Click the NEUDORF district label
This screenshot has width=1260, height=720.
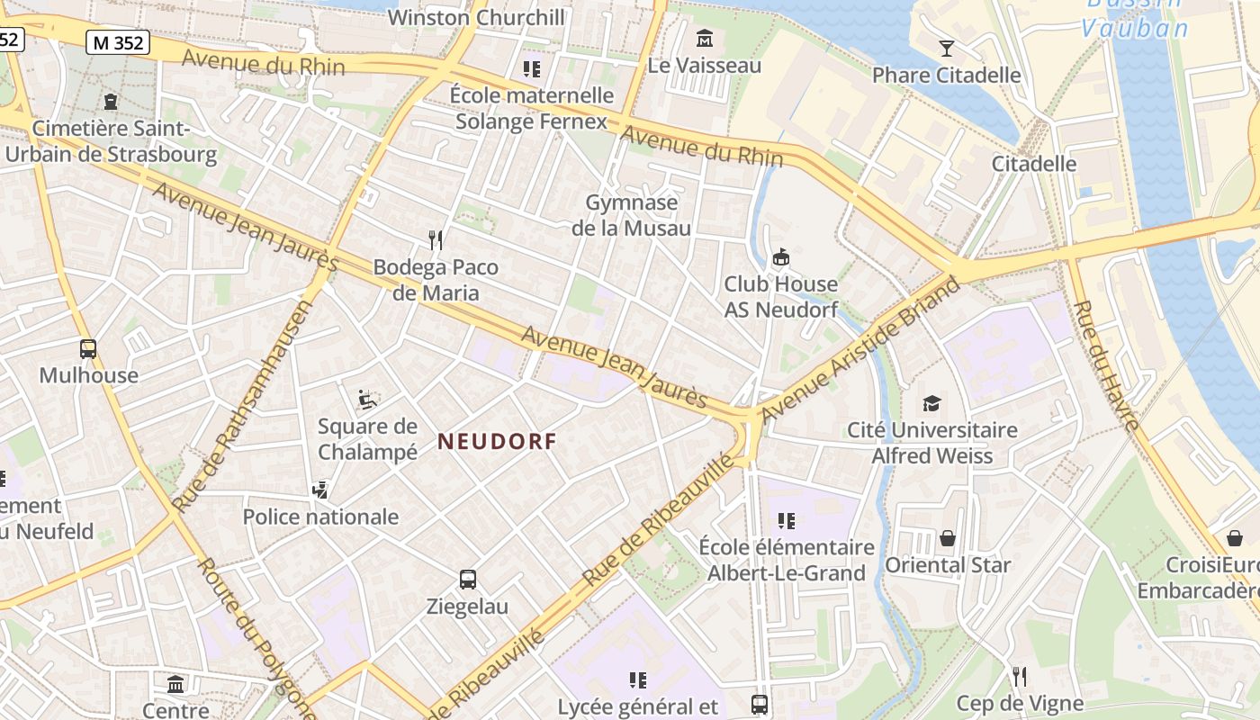[497, 442]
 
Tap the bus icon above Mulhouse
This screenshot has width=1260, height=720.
[88, 349]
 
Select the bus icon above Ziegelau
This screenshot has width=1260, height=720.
[468, 580]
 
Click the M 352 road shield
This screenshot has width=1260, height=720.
[118, 42]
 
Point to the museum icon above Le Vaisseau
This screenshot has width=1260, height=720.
[705, 40]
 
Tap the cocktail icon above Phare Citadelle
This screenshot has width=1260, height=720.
[946, 49]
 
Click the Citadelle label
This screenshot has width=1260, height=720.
[1034, 164]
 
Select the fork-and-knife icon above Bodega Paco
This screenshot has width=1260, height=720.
[436, 240]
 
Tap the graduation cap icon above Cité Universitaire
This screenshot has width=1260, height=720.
[931, 404]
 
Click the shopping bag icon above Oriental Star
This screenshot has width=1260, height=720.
[948, 539]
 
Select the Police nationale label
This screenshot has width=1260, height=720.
[320, 517]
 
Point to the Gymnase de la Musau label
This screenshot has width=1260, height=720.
[632, 215]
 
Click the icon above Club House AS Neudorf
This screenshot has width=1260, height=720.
[781, 258]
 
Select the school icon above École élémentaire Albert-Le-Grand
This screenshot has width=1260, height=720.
[787, 521]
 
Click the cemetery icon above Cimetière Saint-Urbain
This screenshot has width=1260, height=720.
[111, 102]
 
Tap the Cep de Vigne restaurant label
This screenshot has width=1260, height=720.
[1020, 703]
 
